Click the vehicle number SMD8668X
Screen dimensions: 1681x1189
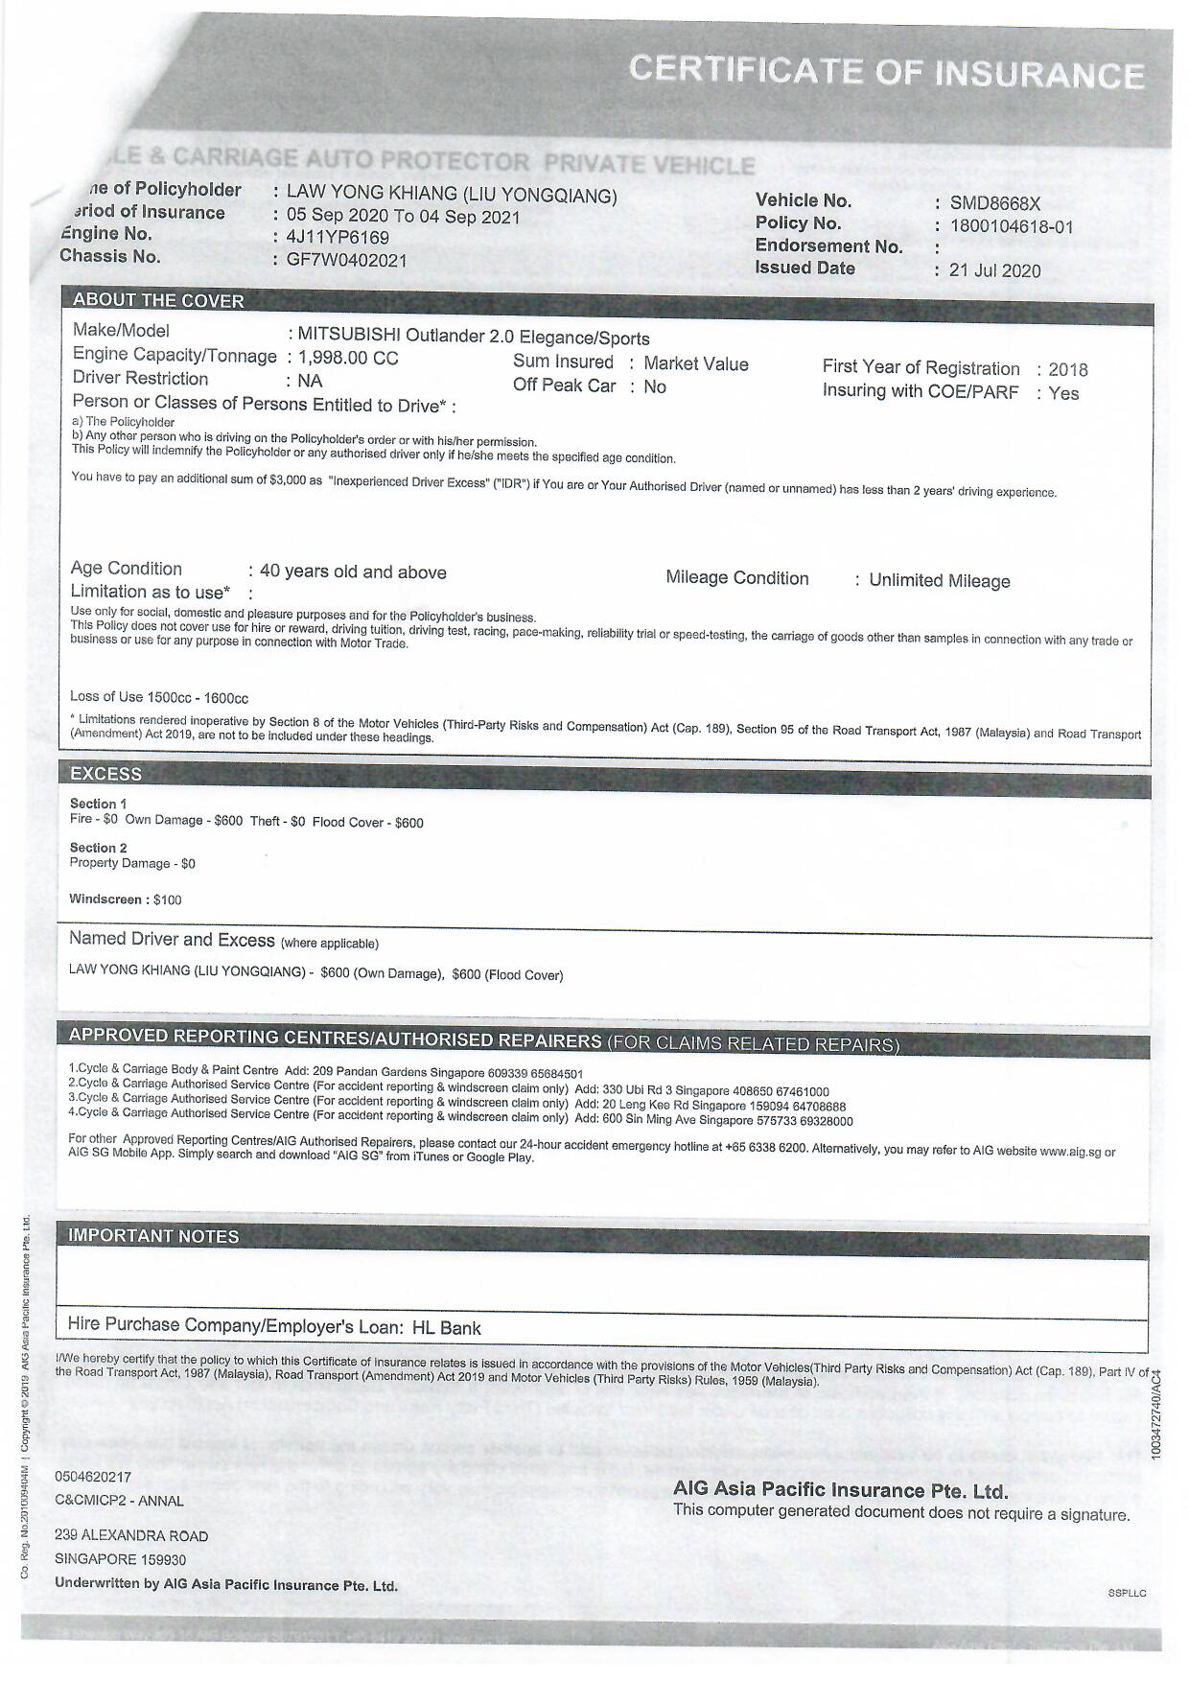[x=994, y=203]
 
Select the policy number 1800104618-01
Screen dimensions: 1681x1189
[x=1012, y=227]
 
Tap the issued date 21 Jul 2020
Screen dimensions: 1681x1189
[x=994, y=270]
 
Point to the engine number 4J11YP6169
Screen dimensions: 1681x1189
[x=338, y=237]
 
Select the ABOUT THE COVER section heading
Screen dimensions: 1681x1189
[x=158, y=300]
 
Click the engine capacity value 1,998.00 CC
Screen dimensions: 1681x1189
[x=348, y=358]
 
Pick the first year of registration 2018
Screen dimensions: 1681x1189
[x=1068, y=370]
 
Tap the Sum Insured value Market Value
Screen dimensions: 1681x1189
[x=695, y=363]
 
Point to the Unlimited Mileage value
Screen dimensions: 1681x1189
[x=939, y=581]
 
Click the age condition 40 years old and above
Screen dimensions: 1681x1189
[x=353, y=572]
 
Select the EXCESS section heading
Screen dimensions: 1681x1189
[x=105, y=774]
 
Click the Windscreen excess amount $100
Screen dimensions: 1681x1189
[x=167, y=899]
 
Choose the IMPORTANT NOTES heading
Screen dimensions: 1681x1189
[x=153, y=1236]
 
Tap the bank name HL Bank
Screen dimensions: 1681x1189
[x=446, y=1328]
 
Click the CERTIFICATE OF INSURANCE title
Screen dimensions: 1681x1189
[x=886, y=72]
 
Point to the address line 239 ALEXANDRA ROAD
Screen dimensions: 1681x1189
[x=131, y=1535]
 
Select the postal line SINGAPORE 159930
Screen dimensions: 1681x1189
[x=121, y=1559]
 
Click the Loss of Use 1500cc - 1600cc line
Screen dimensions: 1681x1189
[x=159, y=697]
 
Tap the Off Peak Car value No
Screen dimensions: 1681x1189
[x=655, y=386]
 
